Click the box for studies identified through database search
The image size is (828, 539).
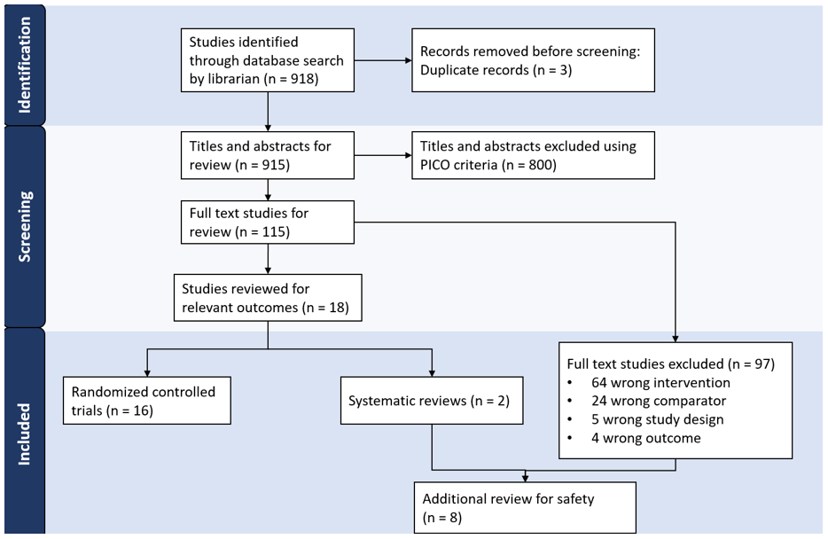[267, 61]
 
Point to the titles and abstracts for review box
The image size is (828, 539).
[267, 155]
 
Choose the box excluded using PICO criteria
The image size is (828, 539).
[534, 155]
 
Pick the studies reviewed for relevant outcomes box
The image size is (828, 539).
[267, 298]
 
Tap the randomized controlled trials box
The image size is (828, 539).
[146, 401]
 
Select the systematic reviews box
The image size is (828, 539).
[431, 401]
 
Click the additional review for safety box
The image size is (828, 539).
[525, 507]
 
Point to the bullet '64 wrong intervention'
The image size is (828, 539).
[660, 382]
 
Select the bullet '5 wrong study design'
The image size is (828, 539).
[658, 419]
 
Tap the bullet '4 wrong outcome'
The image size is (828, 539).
[647, 438]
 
